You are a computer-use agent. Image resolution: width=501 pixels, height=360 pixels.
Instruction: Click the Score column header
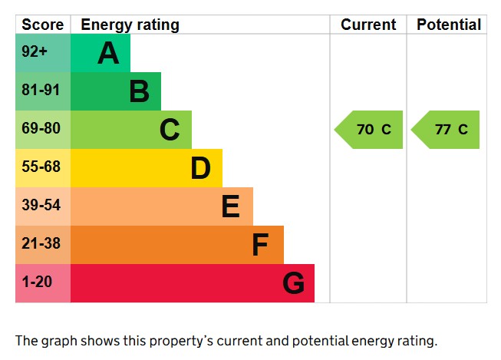point(43,25)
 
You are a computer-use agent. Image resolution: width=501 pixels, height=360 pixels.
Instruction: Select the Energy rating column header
point(130,25)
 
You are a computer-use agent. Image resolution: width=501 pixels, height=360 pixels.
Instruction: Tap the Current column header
point(368,25)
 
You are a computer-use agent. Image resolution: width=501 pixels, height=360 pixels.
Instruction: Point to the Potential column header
point(449,25)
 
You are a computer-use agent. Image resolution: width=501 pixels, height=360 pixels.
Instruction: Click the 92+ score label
point(35,53)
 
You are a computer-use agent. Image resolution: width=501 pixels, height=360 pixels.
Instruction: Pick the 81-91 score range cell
point(41,91)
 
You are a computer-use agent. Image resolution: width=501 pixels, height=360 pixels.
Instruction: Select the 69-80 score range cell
point(41,129)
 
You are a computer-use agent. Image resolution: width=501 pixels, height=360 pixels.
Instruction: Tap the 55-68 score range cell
point(41,167)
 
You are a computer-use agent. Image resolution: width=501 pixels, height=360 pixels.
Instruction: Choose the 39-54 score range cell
point(41,206)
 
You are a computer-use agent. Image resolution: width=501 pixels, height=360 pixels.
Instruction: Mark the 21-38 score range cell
point(41,244)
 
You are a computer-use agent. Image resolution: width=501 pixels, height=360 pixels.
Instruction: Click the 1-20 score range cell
point(37,282)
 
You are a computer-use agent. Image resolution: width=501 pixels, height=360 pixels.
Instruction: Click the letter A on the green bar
point(108,53)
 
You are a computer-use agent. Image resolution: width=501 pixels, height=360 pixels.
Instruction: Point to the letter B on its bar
point(139,91)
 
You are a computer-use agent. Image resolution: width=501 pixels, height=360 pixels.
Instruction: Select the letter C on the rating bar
point(170,130)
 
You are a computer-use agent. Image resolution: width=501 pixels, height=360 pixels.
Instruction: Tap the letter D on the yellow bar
point(200,168)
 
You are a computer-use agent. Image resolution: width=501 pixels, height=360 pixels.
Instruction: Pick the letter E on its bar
point(230,206)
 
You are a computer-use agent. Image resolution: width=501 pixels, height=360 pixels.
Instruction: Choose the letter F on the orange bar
point(260,245)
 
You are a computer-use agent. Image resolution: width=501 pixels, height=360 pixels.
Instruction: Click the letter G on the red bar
point(293,283)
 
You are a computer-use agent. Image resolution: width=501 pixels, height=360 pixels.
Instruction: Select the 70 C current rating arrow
point(369,130)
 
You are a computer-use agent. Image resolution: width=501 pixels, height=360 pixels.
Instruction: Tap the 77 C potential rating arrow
point(447,130)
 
